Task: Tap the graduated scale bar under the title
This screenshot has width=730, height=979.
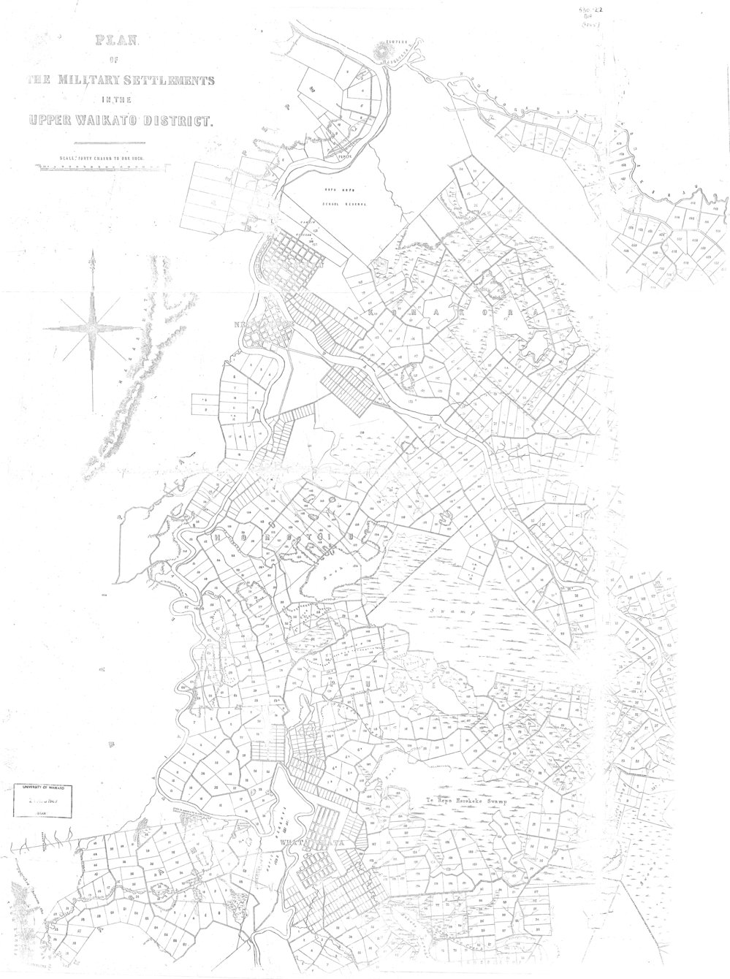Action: (x=102, y=167)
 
